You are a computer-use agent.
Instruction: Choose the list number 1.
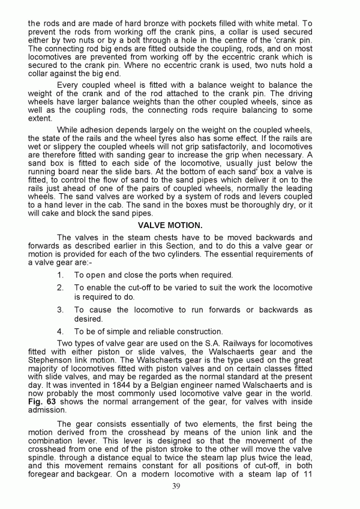[x=60, y=275]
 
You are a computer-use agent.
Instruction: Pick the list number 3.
[x=60, y=310]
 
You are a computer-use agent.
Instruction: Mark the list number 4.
[x=60, y=331]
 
